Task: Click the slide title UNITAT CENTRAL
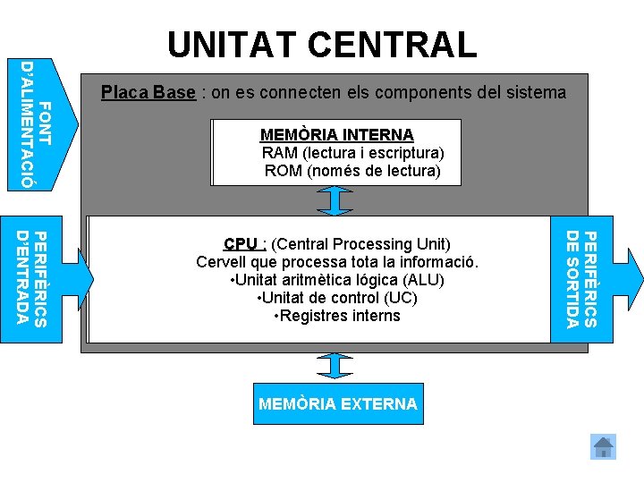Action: (322, 45)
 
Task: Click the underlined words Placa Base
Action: (148, 92)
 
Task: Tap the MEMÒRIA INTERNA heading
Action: (336, 135)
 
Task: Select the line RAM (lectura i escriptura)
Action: (352, 152)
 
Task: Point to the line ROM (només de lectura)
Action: (352, 170)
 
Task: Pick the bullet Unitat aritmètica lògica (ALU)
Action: (337, 280)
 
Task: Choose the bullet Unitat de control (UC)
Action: (336, 298)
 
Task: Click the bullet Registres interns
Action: (336, 316)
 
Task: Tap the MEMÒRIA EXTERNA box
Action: (337, 404)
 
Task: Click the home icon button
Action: (604, 446)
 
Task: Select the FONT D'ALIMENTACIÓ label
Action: (36, 123)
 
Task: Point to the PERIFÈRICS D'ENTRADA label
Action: (36, 278)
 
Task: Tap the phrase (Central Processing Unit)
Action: (360, 244)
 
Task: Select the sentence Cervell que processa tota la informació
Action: (338, 262)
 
